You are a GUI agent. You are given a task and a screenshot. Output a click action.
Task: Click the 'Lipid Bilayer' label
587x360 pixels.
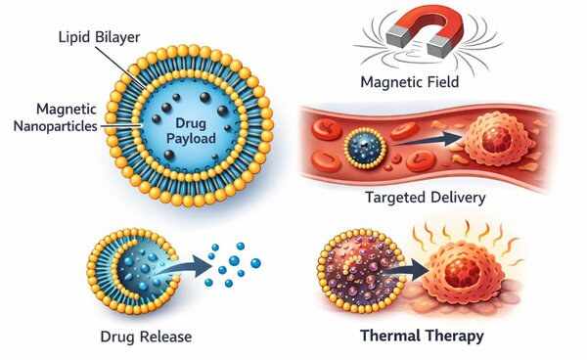pos(99,37)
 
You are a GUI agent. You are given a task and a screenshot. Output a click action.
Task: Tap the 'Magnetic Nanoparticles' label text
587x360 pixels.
pos(55,117)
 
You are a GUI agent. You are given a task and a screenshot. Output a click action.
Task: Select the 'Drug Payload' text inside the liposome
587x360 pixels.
pos(191,131)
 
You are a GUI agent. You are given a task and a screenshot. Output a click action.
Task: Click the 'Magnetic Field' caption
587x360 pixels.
pos(410,82)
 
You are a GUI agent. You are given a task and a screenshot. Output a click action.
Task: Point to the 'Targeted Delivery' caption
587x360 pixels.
pos(426,198)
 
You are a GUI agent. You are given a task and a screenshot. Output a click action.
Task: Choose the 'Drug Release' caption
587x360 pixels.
pos(146,337)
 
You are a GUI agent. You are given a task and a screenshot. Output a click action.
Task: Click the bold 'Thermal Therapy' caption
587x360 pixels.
pos(422,336)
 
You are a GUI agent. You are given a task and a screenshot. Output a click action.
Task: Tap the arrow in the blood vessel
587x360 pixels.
pos(427,140)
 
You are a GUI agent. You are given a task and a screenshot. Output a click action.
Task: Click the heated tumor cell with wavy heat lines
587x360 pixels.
pos(463,273)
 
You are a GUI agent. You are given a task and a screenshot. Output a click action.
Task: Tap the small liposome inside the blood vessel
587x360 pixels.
pos(365,150)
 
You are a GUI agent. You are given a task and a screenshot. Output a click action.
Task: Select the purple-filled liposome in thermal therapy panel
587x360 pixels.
pos(361,271)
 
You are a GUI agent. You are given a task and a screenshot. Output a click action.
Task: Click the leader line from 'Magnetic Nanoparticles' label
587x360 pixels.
pos(120,126)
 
